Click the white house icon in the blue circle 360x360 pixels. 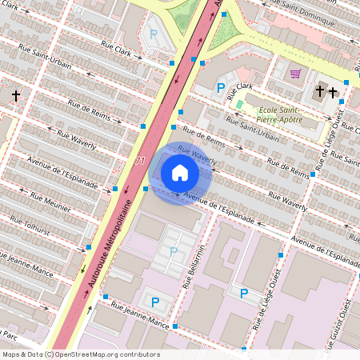180,173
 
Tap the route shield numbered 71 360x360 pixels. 141,161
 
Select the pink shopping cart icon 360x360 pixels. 295,74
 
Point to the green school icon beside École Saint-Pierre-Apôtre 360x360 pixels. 239,104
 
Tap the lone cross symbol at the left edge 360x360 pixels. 15,95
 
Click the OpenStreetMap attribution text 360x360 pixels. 80,354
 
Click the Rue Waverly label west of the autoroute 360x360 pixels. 75,138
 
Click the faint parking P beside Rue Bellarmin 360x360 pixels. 174,251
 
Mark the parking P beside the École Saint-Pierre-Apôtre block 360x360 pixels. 221,87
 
